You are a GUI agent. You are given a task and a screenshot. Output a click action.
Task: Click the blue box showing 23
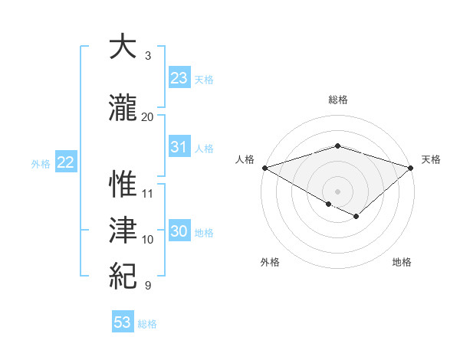(x=179, y=78)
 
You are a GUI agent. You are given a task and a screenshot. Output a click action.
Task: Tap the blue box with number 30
(x=179, y=232)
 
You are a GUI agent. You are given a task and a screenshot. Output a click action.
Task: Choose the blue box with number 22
(x=66, y=162)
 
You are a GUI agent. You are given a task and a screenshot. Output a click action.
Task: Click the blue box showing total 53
(x=123, y=322)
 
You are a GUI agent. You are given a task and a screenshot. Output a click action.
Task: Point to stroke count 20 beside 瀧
(x=148, y=116)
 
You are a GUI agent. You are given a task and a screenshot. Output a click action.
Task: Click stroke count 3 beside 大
(x=147, y=56)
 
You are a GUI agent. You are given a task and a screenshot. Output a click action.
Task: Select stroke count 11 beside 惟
(x=148, y=193)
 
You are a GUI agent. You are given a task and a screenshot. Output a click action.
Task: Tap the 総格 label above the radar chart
(x=337, y=100)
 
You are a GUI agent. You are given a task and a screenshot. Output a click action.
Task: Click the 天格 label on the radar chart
(x=432, y=159)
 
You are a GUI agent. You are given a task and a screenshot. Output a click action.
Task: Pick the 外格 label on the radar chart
(x=270, y=262)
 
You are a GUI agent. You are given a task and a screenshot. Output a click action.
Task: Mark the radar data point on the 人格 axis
(x=264, y=167)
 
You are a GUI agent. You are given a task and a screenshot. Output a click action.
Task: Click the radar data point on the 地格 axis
(x=356, y=217)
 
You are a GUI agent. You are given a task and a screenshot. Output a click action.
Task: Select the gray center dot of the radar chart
(x=337, y=191)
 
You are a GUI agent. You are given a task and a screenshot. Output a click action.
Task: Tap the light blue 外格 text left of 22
(x=41, y=163)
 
